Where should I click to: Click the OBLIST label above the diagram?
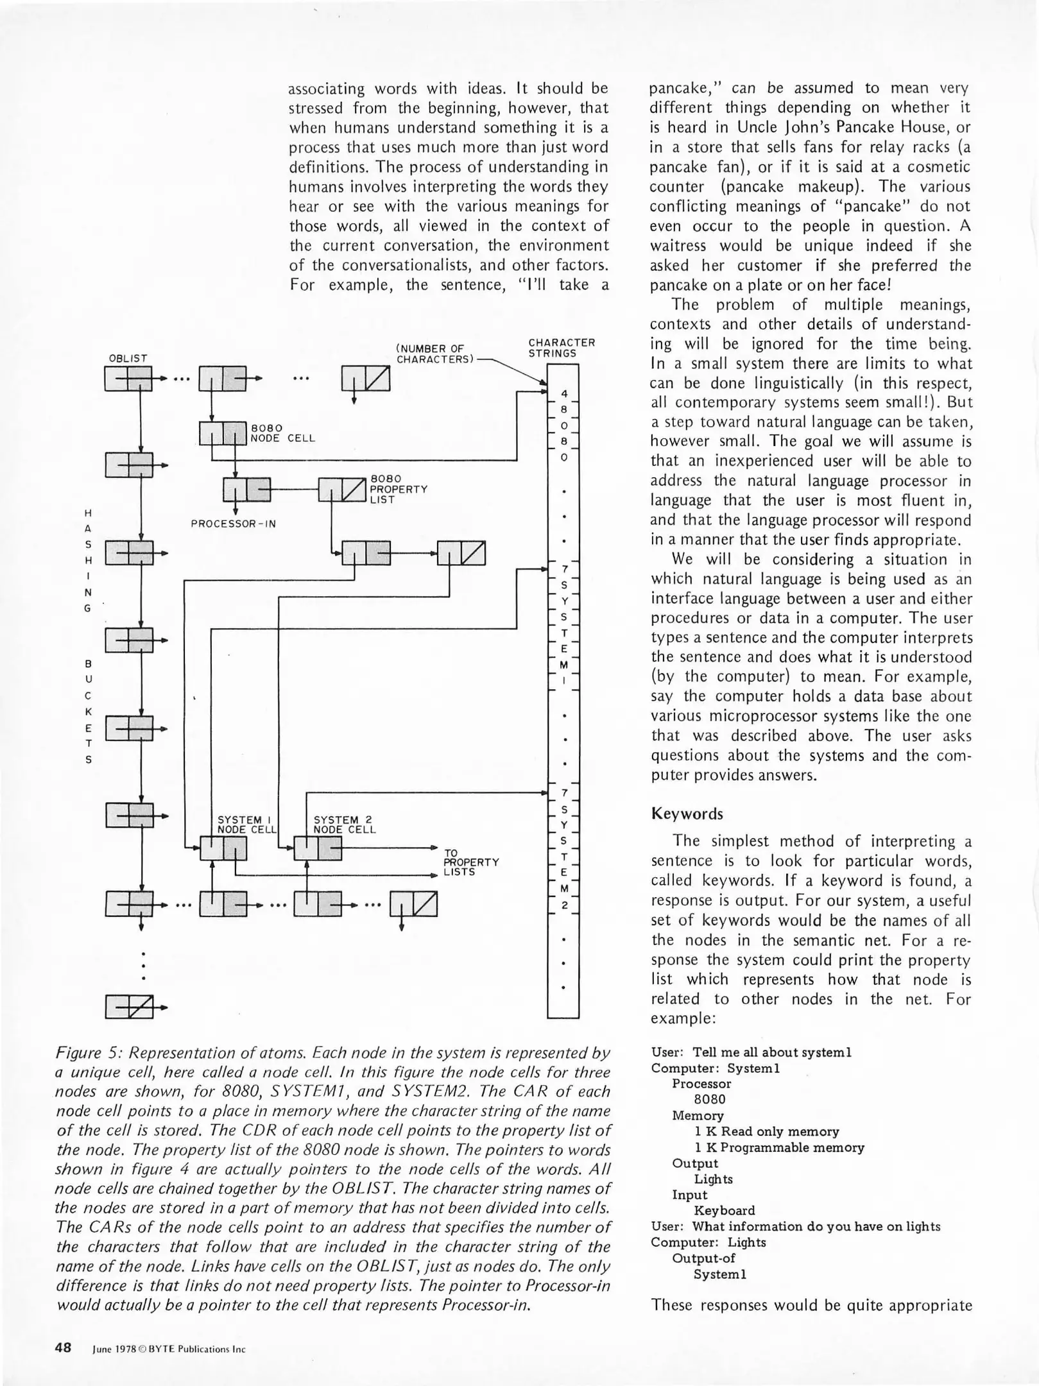(x=128, y=358)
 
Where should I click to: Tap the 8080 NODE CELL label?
(x=282, y=432)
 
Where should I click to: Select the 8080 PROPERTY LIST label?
(x=398, y=489)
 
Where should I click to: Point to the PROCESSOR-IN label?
(x=234, y=524)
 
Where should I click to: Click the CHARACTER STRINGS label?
(x=562, y=348)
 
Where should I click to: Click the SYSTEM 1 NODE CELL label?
(x=246, y=824)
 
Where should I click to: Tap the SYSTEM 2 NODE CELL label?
(x=344, y=824)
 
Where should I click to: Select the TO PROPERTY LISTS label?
(x=471, y=862)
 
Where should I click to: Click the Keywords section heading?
(x=686, y=814)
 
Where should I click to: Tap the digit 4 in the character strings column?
(x=563, y=393)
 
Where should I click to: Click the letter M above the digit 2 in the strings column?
(x=563, y=889)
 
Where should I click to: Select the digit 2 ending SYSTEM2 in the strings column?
(x=563, y=905)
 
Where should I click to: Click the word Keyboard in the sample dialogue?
(x=724, y=1210)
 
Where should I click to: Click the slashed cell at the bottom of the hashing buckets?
(x=130, y=1007)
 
